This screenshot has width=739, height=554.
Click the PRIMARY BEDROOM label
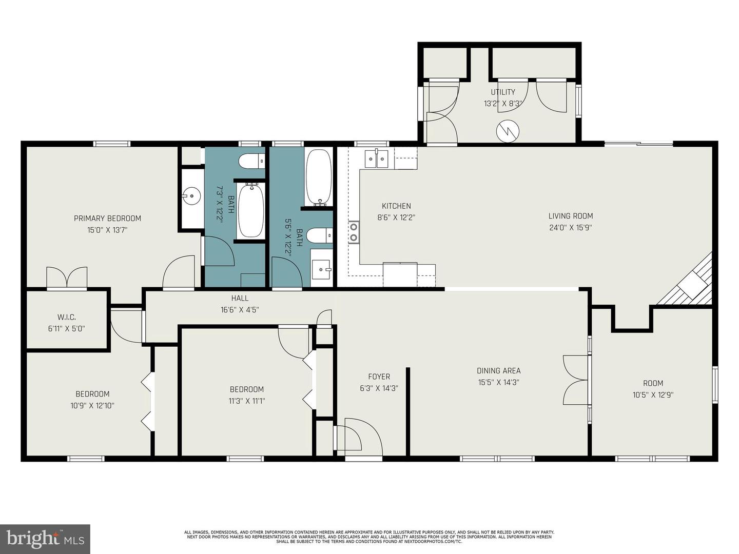pyautogui.click(x=107, y=219)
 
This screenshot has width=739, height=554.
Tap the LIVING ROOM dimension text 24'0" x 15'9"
pyautogui.click(x=571, y=228)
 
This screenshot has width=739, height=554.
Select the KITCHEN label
pyautogui.click(x=396, y=206)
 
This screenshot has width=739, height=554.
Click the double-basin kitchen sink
pyautogui.click(x=377, y=159)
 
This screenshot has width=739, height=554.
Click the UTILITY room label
pyautogui.click(x=503, y=92)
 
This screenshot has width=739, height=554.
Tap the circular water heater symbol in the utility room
pyautogui.click(x=508, y=131)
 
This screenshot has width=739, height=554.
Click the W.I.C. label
pyautogui.click(x=67, y=318)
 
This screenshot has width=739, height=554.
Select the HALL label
pyautogui.click(x=240, y=298)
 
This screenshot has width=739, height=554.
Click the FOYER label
pyautogui.click(x=379, y=377)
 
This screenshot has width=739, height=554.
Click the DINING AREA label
pyautogui.click(x=498, y=371)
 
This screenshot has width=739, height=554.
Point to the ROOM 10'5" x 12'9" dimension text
pyautogui.click(x=653, y=395)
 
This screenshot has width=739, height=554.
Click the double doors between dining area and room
pyautogui.click(x=576, y=380)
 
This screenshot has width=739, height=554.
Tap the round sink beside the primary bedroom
pyautogui.click(x=191, y=195)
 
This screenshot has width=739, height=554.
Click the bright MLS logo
pyautogui.click(x=45, y=539)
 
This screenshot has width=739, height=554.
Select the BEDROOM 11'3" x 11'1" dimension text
pyautogui.click(x=247, y=401)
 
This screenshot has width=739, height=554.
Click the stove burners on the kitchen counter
pyautogui.click(x=354, y=232)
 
